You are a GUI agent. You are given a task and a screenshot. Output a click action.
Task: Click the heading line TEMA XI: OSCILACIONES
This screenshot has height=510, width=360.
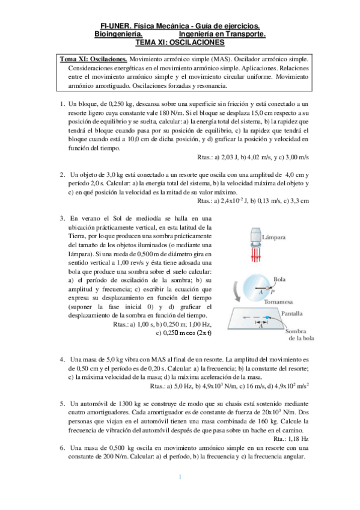click(x=180, y=43)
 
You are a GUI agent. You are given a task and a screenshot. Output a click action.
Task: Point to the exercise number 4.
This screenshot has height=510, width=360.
click(x=62, y=360)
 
